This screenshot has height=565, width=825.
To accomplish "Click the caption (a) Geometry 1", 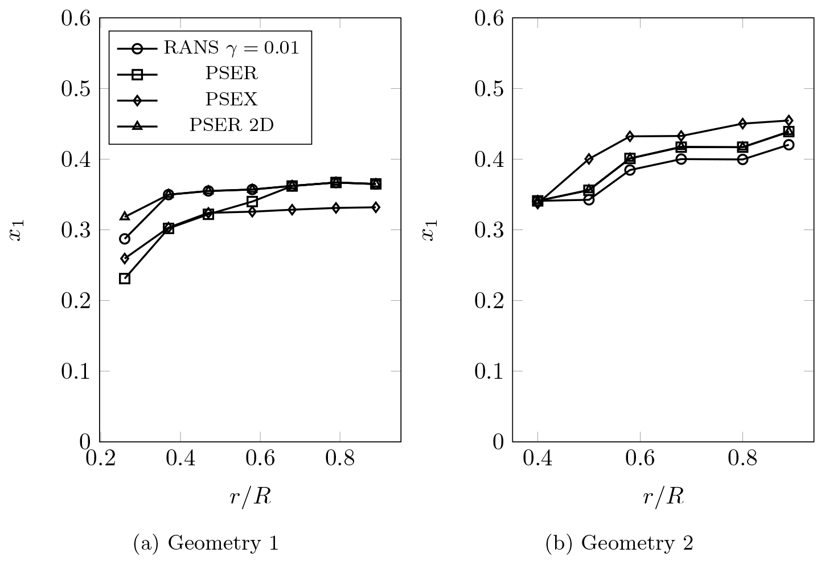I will click(x=206, y=543).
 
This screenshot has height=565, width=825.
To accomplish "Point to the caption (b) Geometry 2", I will click(x=619, y=543).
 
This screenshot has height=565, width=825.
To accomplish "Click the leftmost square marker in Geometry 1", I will click(x=125, y=279).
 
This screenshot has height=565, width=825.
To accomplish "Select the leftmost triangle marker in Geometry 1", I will click(x=125, y=216).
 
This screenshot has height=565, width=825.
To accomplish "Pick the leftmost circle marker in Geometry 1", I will click(x=125, y=239).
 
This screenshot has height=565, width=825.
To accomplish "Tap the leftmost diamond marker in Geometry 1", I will click(x=125, y=259).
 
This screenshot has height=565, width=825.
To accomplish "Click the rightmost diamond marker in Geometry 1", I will click(x=376, y=207).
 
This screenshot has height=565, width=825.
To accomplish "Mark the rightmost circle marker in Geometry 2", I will click(x=789, y=145).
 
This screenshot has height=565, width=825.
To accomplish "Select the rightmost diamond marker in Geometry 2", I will click(x=789, y=121).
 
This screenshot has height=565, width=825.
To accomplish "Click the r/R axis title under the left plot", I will click(x=251, y=497).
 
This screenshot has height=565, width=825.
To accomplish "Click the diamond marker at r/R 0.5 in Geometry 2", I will click(x=589, y=159).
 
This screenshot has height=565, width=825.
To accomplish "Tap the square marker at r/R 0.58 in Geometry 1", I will click(x=252, y=202).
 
